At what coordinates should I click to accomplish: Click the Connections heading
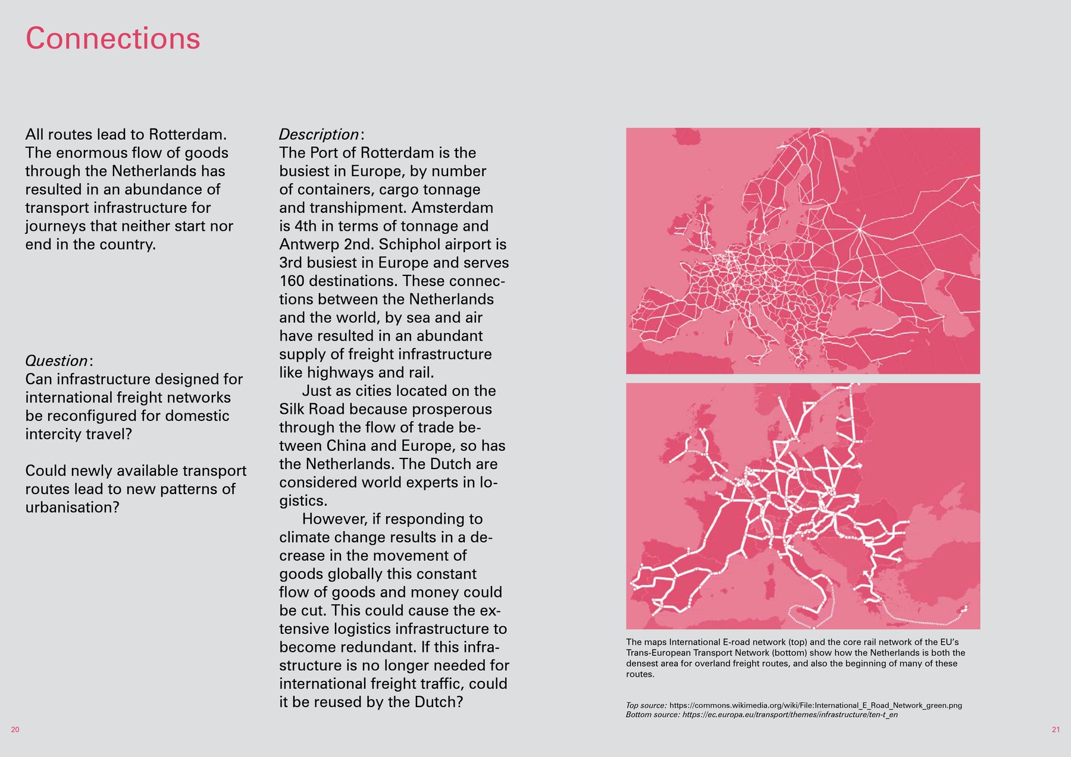pos(113,39)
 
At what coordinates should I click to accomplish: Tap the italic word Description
pos(319,135)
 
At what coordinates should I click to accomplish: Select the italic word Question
pos(57,361)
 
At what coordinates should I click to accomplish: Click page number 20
pos(15,730)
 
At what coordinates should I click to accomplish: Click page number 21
pos(1056,730)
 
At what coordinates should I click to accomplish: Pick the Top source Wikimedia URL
pos(815,705)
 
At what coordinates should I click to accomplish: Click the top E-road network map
pos(803,250)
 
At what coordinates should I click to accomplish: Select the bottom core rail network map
pos(803,506)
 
